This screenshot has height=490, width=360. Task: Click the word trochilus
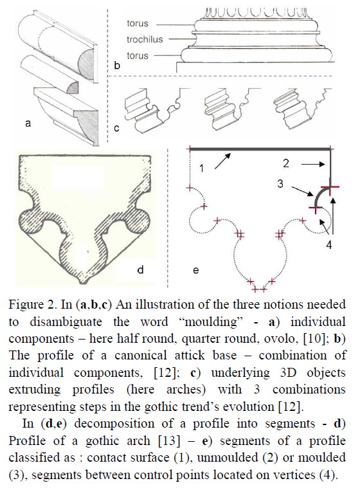click(145, 39)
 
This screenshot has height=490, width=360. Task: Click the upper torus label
click(138, 23)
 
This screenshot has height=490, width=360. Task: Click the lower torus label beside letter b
click(138, 56)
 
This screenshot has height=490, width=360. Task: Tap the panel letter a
click(28, 123)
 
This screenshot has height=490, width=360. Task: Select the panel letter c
click(116, 128)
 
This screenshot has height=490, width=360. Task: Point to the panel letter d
click(141, 269)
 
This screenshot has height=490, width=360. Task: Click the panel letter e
click(196, 270)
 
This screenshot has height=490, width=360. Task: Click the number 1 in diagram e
click(202, 168)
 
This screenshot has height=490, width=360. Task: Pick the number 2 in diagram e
click(286, 163)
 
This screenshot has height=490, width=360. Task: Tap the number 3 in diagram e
click(280, 183)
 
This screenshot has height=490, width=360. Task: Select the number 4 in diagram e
click(329, 245)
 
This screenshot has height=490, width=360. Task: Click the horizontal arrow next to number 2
click(314, 164)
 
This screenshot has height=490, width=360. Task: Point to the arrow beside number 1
click(223, 161)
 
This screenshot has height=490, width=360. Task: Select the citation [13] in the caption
click(169, 441)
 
